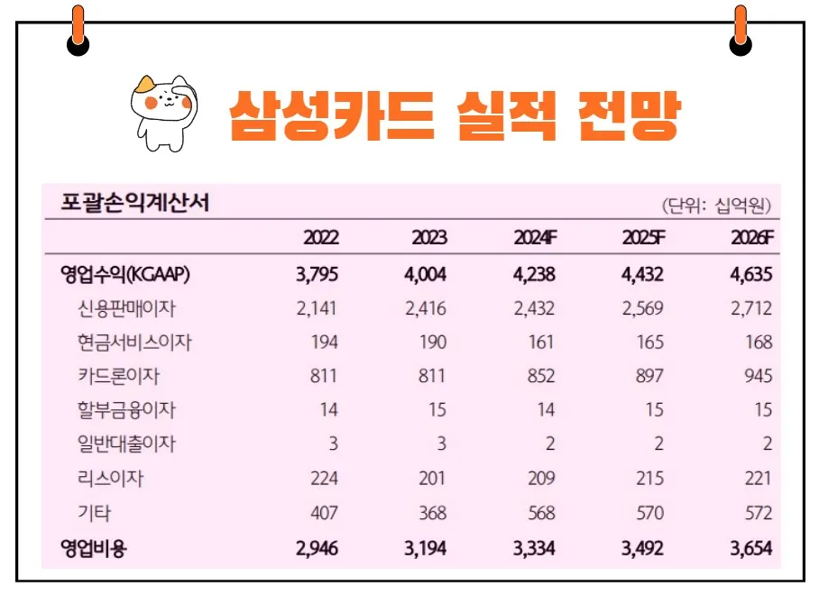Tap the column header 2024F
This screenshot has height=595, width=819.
pos(536,239)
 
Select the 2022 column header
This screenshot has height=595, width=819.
pos(321,239)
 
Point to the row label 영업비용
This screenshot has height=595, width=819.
pos(94,548)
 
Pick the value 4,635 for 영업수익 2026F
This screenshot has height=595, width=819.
pos(752,275)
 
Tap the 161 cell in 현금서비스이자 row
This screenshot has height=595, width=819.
pos(541,343)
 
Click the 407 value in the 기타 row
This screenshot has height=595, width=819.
pos(322,513)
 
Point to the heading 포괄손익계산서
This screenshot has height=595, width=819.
pos(134,202)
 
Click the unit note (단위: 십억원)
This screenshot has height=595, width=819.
pos(717,205)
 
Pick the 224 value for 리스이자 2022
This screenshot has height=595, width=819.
pos(322,479)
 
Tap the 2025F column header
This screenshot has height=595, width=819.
pos(644,239)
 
